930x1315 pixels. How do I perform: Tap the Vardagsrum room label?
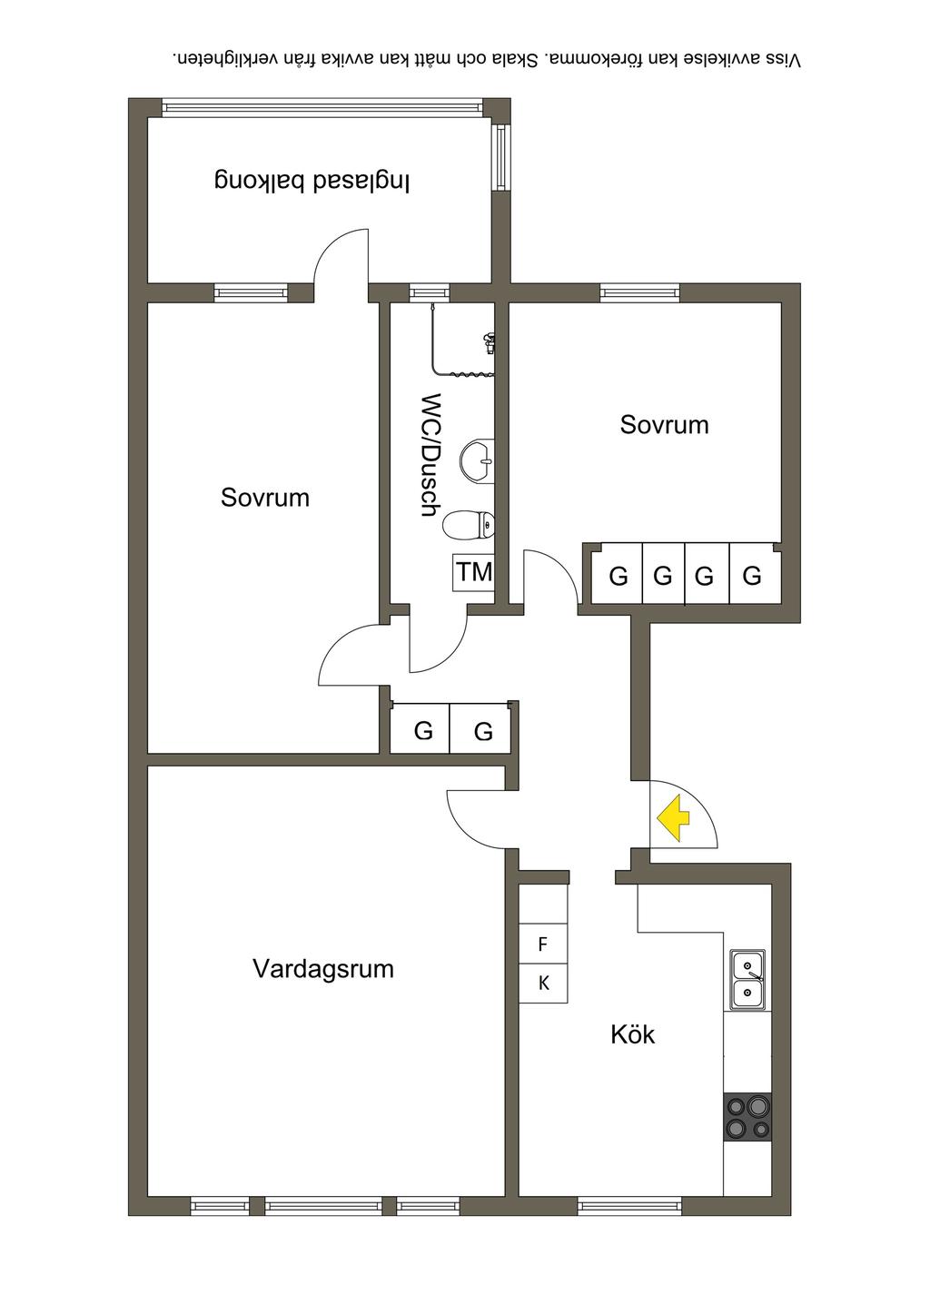(x=323, y=968)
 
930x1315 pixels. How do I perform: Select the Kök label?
(x=632, y=1034)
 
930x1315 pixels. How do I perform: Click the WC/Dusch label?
(x=430, y=454)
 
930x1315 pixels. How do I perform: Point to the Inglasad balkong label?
(x=312, y=180)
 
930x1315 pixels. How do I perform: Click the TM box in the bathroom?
(x=473, y=572)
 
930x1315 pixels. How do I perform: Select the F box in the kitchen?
(x=543, y=944)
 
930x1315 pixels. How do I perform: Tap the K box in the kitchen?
(x=543, y=983)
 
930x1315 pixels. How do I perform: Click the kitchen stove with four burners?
(x=747, y=1117)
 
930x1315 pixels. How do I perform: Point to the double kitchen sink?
(x=747, y=980)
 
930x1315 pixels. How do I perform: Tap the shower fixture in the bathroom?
(x=490, y=344)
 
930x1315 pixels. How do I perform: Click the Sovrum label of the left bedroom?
(x=265, y=497)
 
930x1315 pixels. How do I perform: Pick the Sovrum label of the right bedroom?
(x=664, y=424)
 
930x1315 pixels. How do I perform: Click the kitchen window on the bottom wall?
(x=629, y=1207)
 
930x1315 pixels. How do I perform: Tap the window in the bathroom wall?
(x=429, y=292)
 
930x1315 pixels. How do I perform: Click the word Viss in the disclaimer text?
(x=783, y=60)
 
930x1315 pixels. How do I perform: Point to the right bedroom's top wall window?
(x=639, y=292)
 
